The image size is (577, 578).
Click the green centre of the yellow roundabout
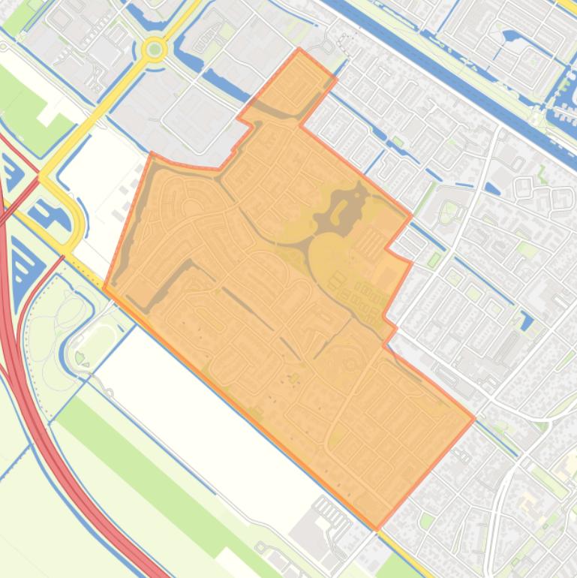click(155, 50)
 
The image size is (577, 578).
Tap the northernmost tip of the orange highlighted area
click(299, 50)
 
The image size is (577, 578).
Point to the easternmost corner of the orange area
click(474, 417)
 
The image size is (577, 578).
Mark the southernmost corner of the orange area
click(377, 528)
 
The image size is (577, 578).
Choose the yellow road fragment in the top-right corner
click(566, 8)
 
